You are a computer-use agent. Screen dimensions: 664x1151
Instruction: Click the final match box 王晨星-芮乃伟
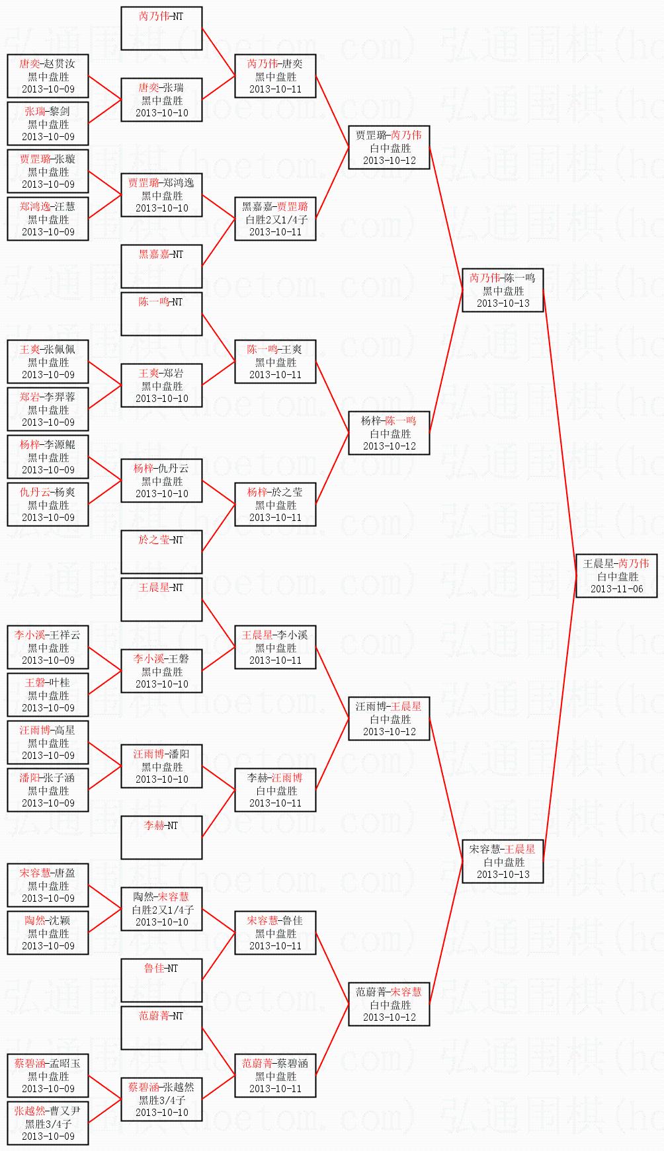[616, 576]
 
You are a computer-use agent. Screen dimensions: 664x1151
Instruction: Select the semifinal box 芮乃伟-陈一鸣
[503, 290]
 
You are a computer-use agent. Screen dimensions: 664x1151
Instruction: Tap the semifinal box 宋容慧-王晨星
[503, 861]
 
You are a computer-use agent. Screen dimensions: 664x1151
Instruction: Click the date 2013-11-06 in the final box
[616, 589]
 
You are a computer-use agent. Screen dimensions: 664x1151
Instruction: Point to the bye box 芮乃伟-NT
[161, 28]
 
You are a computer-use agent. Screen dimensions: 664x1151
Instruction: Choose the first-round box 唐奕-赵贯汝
[48, 76]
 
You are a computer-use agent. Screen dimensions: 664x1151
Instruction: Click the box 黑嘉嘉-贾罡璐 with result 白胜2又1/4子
[275, 219]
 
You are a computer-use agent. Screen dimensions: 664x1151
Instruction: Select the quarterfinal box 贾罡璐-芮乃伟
[389, 147]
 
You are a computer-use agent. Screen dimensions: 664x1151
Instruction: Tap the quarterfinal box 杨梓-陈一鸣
[389, 433]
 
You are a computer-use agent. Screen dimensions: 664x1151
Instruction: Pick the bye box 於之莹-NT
[161, 552]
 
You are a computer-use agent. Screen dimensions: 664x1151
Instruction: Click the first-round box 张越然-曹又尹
[48, 1123]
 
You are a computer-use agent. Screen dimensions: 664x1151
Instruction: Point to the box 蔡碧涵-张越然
[161, 1099]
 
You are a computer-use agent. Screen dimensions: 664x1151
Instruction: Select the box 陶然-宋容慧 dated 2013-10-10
[161, 909]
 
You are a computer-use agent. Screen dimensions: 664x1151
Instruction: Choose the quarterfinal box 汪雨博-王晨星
[389, 719]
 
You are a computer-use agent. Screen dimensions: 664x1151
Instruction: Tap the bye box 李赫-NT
[161, 838]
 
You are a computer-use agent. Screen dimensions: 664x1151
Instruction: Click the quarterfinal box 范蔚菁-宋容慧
[389, 1004]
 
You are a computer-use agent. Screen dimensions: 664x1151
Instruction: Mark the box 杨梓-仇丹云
[161, 481]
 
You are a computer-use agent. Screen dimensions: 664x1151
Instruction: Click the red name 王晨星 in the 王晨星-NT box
[153, 587]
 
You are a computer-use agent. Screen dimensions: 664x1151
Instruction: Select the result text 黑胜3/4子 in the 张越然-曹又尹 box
[48, 1123]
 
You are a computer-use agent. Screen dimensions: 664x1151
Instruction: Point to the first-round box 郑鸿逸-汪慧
[48, 219]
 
